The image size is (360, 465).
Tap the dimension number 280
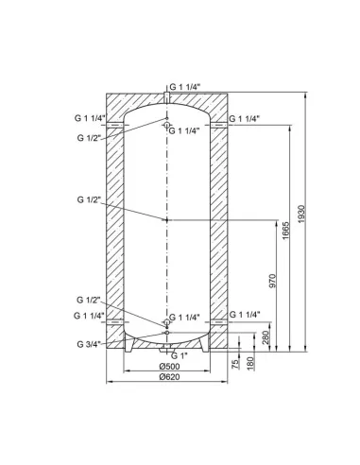point(267,336)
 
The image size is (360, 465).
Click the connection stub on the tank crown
point(166,96)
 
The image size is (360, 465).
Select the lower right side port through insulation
point(222,316)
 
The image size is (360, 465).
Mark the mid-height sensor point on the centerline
point(166,219)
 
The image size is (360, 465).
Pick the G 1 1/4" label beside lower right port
point(246,314)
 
